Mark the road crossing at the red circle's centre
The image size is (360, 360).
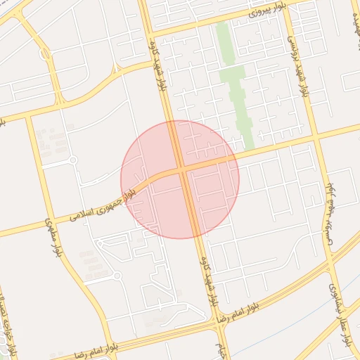(181, 169)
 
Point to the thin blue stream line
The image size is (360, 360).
(281, 330)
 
